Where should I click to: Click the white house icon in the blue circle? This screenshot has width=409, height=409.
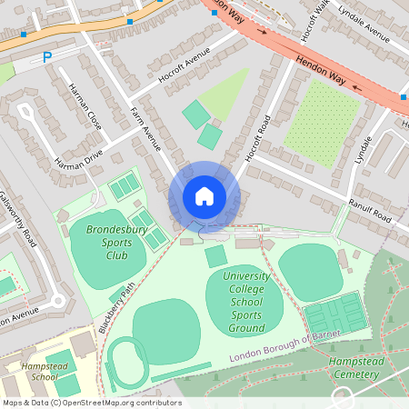pos(204,195)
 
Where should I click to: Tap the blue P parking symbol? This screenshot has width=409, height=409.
pos(47,58)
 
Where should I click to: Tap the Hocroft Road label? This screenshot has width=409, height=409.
pos(258,140)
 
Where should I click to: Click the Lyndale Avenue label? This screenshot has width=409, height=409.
pos(364,19)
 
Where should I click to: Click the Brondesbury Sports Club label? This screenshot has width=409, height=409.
pos(115,244)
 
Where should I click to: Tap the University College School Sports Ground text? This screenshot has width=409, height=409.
pos(243,301)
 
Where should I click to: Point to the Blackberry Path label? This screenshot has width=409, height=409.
pos(116,304)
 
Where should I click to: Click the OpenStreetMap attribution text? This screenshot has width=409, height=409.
pos(92,402)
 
